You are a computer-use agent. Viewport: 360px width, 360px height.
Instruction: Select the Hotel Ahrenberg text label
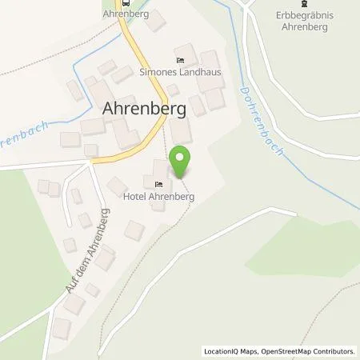[x=159, y=194]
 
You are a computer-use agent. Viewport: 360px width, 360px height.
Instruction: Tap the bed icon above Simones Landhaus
[x=181, y=60]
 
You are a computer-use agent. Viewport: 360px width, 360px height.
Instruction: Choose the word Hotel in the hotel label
[x=135, y=194]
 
